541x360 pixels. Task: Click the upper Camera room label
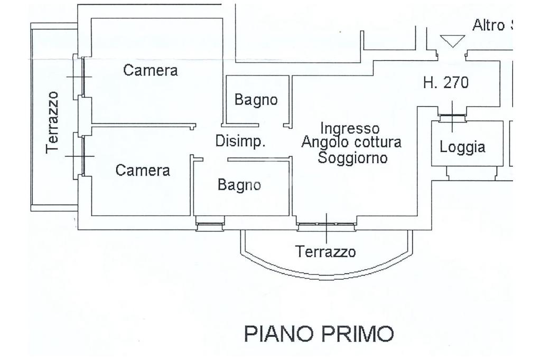click(x=151, y=70)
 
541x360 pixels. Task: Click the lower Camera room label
click(x=143, y=170)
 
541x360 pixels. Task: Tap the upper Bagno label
click(x=256, y=100)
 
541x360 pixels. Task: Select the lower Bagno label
click(x=239, y=185)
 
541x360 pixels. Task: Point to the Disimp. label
click(x=240, y=141)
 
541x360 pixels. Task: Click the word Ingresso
click(x=350, y=128)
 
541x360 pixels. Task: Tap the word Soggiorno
click(x=352, y=157)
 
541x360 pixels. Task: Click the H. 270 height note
click(x=446, y=83)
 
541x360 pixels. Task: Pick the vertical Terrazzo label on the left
click(x=53, y=122)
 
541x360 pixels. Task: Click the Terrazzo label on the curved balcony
click(x=325, y=251)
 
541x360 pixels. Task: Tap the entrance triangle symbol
click(x=453, y=41)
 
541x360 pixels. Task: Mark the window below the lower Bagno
click(x=210, y=226)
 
